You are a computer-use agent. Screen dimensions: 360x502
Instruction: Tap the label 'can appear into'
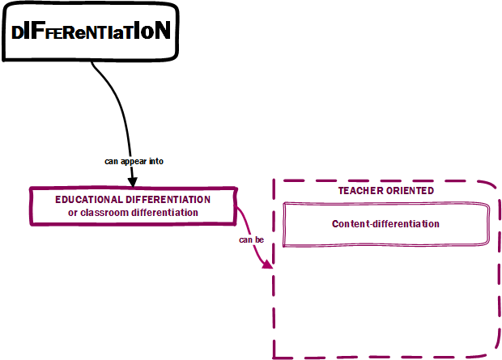(134, 161)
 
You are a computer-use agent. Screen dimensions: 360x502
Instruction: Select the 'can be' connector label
(251, 240)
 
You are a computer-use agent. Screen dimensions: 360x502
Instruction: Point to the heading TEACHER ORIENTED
(385, 190)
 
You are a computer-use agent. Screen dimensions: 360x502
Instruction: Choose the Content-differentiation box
(385, 224)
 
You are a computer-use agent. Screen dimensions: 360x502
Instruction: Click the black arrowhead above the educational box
(133, 180)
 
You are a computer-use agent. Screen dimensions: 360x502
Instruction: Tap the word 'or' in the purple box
(72, 212)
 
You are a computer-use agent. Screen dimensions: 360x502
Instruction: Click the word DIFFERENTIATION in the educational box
(168, 199)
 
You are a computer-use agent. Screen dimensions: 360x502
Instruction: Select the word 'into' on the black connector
(156, 161)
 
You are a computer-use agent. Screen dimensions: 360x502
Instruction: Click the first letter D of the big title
(18, 32)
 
